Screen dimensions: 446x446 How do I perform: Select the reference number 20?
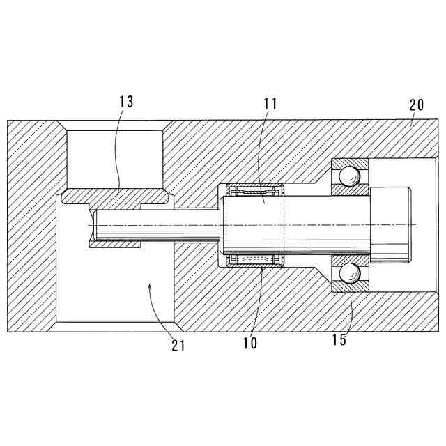(x=416, y=105)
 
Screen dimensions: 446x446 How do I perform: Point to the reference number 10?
(x=249, y=343)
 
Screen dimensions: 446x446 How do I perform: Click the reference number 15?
(x=339, y=340)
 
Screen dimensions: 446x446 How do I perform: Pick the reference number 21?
(x=178, y=345)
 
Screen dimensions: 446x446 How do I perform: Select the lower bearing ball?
(x=352, y=274)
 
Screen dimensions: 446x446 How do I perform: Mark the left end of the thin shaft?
(x=93, y=225)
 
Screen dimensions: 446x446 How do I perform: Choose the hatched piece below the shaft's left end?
(x=116, y=245)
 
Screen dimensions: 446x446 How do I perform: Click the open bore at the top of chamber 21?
(x=116, y=157)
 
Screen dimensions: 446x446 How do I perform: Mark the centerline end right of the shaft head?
(x=415, y=225)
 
